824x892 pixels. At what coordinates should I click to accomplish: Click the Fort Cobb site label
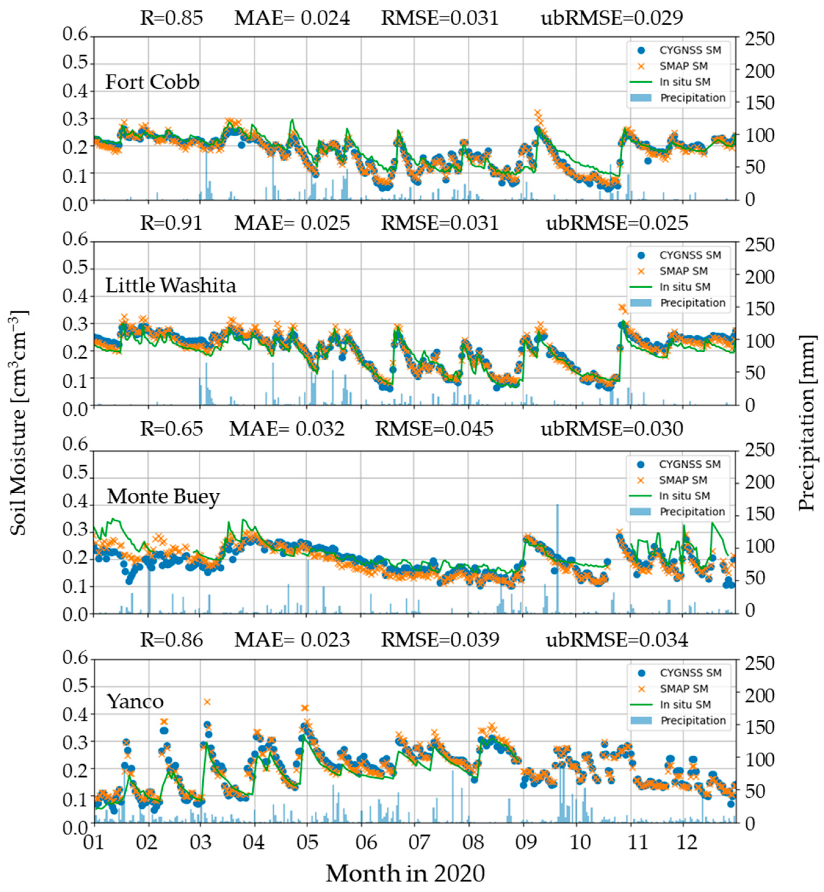click(152, 82)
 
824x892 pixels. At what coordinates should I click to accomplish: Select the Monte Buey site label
click(163, 496)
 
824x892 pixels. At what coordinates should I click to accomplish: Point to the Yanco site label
click(135, 701)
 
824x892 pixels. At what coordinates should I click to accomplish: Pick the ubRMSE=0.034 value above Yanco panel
click(617, 640)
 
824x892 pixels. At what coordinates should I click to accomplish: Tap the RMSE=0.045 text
click(434, 429)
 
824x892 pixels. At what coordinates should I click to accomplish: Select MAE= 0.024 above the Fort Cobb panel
click(292, 18)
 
